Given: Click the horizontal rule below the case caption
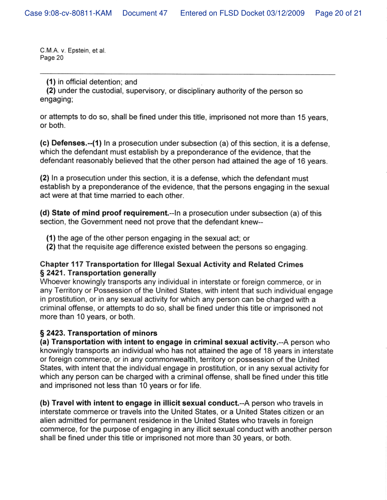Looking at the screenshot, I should [x=187, y=74].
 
